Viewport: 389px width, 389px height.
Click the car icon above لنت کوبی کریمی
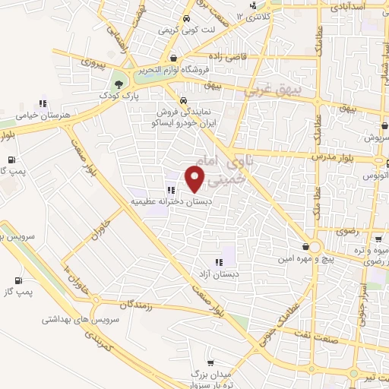(185, 18)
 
